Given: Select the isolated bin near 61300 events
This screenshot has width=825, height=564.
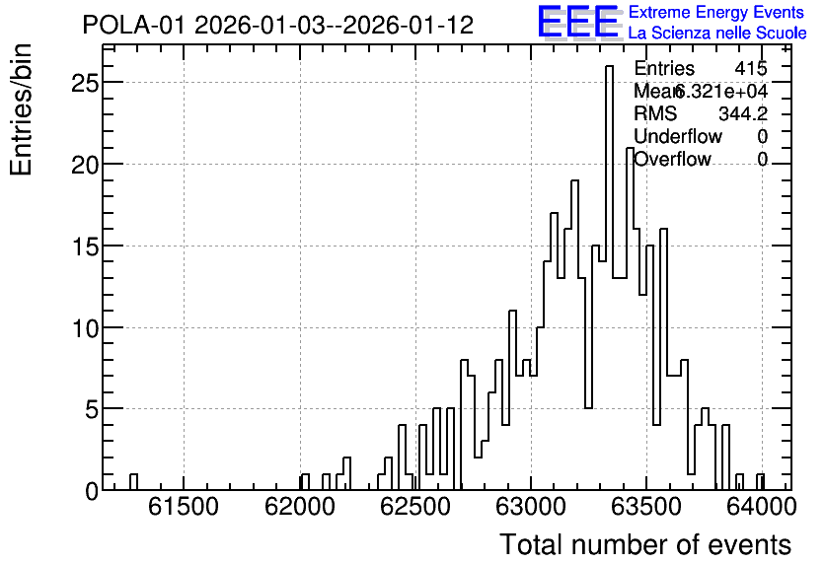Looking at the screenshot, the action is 133,482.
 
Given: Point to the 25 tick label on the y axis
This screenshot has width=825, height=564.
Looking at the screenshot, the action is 85,83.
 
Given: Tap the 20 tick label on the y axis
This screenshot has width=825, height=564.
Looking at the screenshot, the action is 85,165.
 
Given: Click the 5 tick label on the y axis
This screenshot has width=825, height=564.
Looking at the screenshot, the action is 92,409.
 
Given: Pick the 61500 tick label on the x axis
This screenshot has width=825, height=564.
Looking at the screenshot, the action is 184,508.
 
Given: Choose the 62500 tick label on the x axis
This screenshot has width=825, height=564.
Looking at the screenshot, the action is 415,508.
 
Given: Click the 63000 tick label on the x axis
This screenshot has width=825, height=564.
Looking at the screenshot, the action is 531,508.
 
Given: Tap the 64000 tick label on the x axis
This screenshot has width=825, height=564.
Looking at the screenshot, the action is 761,508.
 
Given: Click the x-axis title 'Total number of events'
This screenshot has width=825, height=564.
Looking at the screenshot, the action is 645,544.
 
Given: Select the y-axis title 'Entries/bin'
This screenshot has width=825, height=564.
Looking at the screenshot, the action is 21,109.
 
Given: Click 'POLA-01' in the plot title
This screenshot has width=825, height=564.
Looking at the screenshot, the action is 134,26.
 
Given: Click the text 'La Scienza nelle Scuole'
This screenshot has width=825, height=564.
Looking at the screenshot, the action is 717,34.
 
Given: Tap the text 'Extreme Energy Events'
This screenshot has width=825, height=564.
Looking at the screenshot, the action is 716,12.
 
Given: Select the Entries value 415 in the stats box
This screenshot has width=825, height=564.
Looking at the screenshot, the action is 751,68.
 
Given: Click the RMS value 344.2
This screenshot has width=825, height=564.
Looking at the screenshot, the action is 743,113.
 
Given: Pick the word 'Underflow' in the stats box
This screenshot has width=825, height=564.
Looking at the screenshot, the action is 678,136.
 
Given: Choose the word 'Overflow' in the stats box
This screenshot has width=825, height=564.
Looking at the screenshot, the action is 672,159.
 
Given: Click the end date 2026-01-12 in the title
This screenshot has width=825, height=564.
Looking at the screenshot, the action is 408,26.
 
